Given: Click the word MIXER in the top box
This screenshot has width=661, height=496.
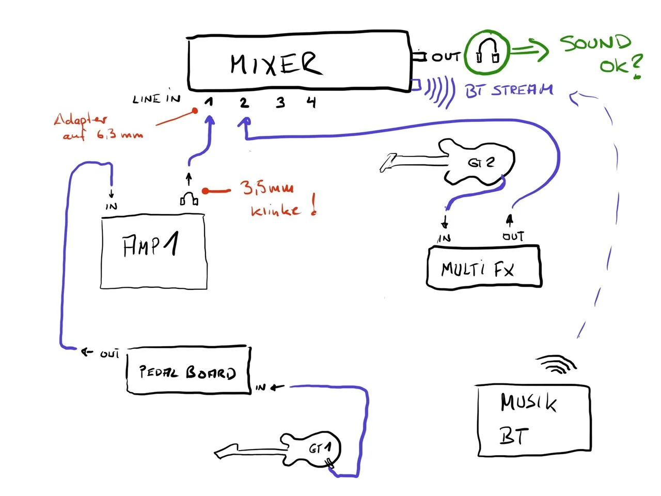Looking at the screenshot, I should point(276,65).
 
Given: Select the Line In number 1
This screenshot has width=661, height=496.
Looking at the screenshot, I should point(209,102).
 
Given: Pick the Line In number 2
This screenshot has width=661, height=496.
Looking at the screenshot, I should point(244,102).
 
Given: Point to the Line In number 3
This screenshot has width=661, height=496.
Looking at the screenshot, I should point(280,102).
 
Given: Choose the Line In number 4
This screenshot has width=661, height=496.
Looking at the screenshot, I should point(311,102).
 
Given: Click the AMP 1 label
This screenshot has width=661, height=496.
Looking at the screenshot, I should point(150,246).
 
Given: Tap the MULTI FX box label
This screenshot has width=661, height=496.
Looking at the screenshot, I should point(478,269).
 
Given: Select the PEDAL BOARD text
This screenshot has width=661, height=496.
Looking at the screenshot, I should point(187,372).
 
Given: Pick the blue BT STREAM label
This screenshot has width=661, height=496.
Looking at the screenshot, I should point(509,90).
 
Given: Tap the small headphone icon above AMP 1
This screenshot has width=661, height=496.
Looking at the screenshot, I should point(189,198).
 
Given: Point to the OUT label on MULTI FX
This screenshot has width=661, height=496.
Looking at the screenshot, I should point(513,237).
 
